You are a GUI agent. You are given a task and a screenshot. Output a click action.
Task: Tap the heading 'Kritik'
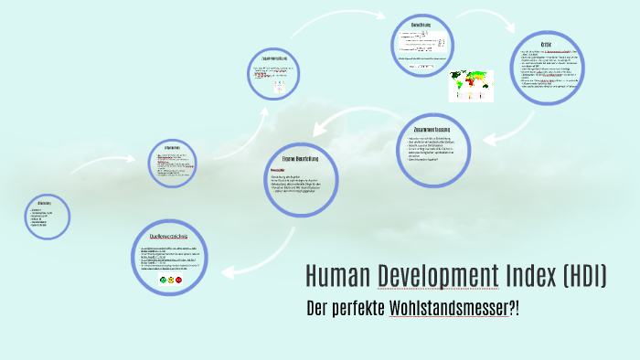tap(547, 45)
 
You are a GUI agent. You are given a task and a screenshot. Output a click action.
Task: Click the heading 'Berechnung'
tap(421, 25)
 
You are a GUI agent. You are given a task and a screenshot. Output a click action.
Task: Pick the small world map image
tap(468, 85)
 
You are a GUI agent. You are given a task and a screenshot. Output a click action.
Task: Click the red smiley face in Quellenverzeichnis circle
tap(178, 279)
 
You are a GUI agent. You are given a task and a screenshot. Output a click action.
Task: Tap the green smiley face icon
tap(162, 279)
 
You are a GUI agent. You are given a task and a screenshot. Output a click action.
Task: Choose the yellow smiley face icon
tap(170, 279)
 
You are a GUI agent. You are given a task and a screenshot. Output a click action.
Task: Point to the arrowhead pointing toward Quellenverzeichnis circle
tap(225, 271)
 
